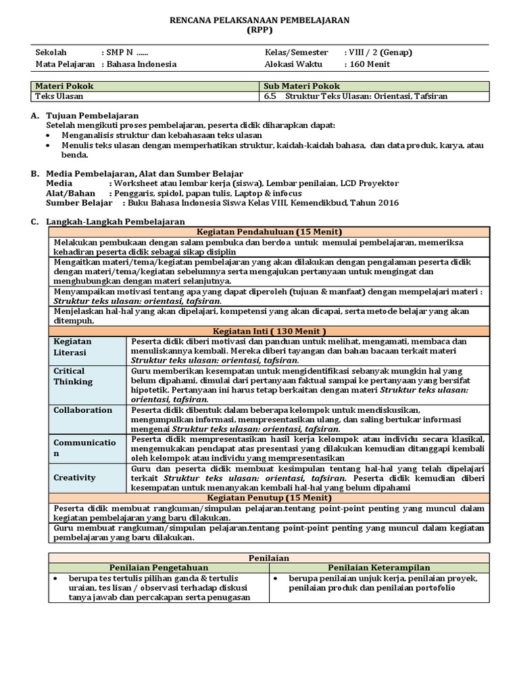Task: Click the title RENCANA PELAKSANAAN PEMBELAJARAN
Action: click(x=259, y=20)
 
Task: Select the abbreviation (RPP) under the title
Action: click(x=259, y=30)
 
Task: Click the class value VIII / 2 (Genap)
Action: click(x=378, y=52)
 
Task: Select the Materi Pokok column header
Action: click(x=65, y=86)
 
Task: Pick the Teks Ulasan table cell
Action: click(x=58, y=96)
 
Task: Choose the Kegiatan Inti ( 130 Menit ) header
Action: click(x=270, y=331)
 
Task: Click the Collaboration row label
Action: click(x=83, y=410)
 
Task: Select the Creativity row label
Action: click(x=75, y=477)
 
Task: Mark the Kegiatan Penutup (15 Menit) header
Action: click(x=270, y=497)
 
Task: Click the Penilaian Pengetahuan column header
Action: click(x=159, y=567)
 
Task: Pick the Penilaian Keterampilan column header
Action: click(x=379, y=567)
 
